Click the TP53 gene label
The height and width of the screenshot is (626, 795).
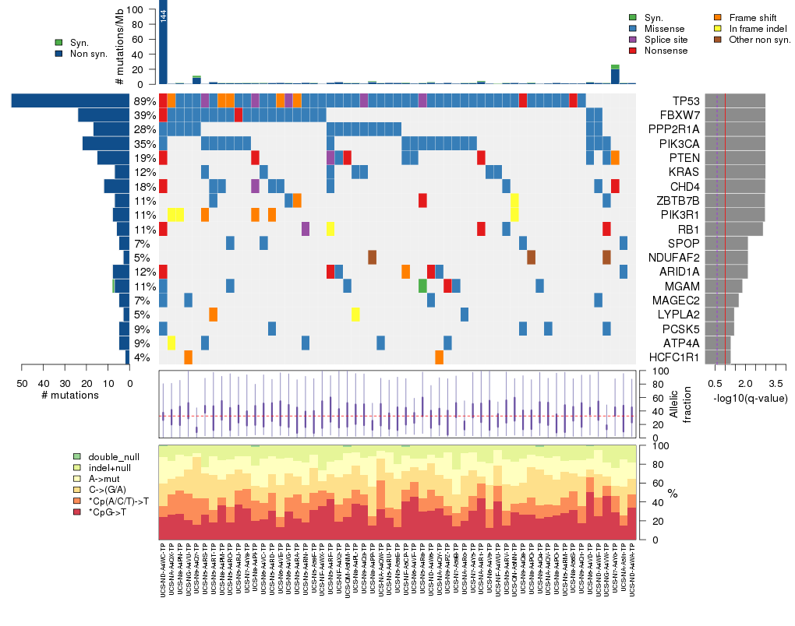pos(688,100)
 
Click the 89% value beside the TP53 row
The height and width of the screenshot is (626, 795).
pos(144,100)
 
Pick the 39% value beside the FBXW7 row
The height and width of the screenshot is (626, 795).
pos(144,114)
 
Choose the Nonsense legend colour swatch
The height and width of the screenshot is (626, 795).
pos(633,51)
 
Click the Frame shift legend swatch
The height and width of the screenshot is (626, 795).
pos(719,16)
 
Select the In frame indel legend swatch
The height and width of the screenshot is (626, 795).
pos(719,28)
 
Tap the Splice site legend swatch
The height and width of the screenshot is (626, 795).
pos(633,39)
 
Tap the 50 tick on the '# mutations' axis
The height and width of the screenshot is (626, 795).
pos(22,383)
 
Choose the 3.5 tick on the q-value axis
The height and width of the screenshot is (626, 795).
pos(776,383)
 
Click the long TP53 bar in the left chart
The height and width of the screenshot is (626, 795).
pos(70,100)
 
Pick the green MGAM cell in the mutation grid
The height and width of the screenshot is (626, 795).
pos(422,285)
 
